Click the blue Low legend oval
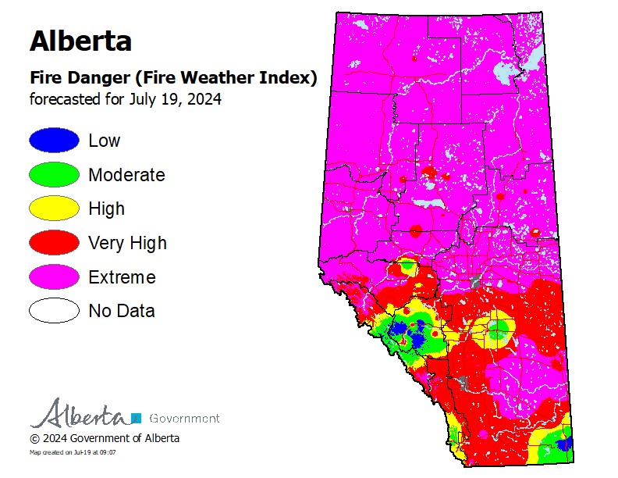[x=54, y=141]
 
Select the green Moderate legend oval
[x=54, y=175]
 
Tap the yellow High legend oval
[x=54, y=209]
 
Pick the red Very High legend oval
[x=54, y=243]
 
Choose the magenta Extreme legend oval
[x=54, y=277]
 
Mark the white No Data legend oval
[x=54, y=311]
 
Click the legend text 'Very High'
[x=127, y=243]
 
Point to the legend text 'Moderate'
[x=126, y=175]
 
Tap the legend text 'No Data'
[x=122, y=311]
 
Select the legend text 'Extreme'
[x=122, y=277]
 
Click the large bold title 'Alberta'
[x=80, y=40]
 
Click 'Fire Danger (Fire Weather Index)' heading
[x=172, y=78]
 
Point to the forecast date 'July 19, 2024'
[x=177, y=99]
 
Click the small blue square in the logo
[x=136, y=418]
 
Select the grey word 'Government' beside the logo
[x=183, y=418]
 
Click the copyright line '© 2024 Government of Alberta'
[x=105, y=438]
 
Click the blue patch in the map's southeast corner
[x=565, y=444]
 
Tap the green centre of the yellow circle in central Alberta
[x=496, y=329]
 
